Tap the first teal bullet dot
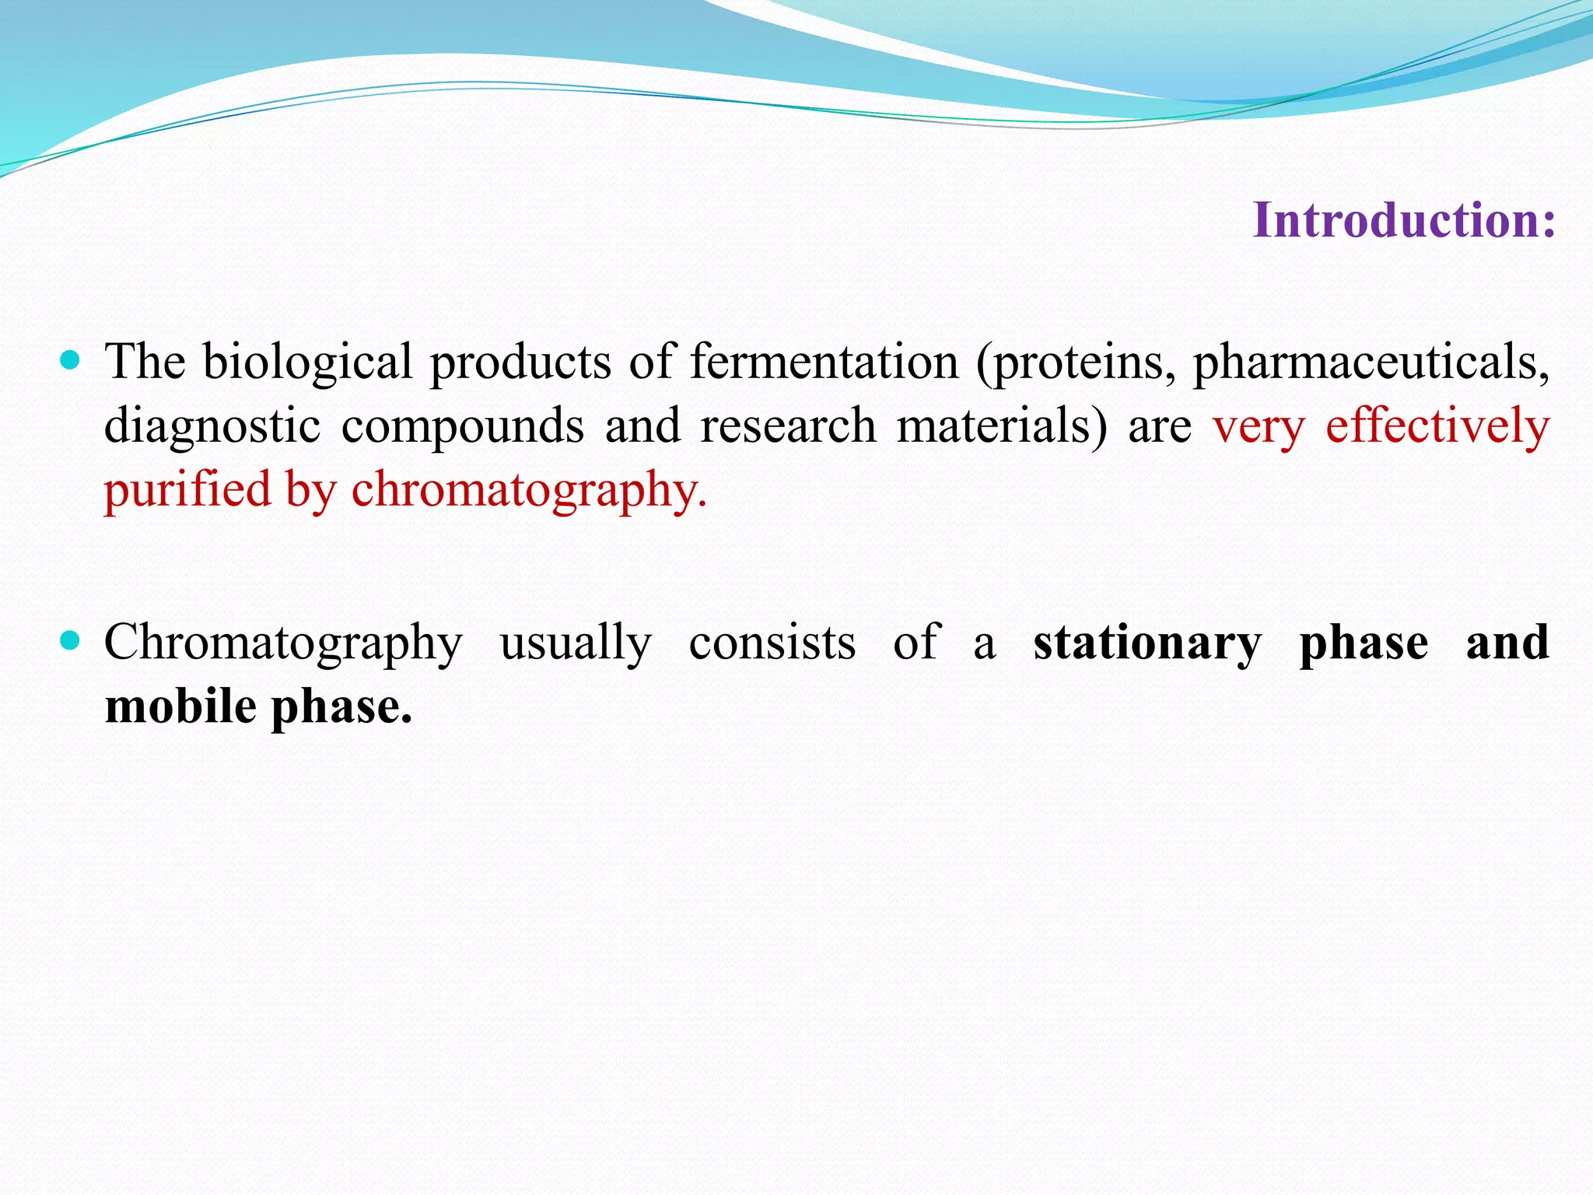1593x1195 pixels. point(70,360)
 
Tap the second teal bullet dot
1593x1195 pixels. point(70,641)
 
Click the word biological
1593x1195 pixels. point(307,363)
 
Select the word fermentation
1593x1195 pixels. point(825,363)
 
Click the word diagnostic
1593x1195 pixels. point(212,426)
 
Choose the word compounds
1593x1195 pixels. point(462,426)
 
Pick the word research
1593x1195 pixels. point(788,426)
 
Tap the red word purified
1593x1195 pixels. point(187,490)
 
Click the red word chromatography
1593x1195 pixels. point(529,490)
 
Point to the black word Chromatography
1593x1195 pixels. point(283,643)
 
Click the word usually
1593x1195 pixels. point(575,643)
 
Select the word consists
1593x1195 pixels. point(772,643)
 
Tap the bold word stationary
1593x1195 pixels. point(1147,643)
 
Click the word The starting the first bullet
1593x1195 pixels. point(145,363)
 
